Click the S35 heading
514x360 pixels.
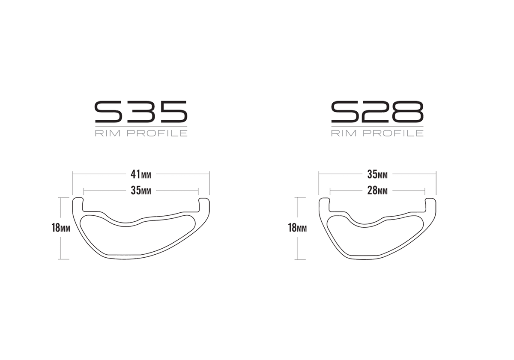141,112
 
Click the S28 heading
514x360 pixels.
377,112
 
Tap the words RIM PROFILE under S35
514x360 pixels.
141,133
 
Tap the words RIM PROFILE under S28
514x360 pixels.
377,133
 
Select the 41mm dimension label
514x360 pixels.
141,175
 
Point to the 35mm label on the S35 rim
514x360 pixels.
141,190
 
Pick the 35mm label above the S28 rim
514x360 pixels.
377,175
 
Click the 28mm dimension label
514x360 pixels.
377,190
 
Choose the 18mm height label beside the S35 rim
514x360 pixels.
61,228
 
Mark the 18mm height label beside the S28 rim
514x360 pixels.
297,228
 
